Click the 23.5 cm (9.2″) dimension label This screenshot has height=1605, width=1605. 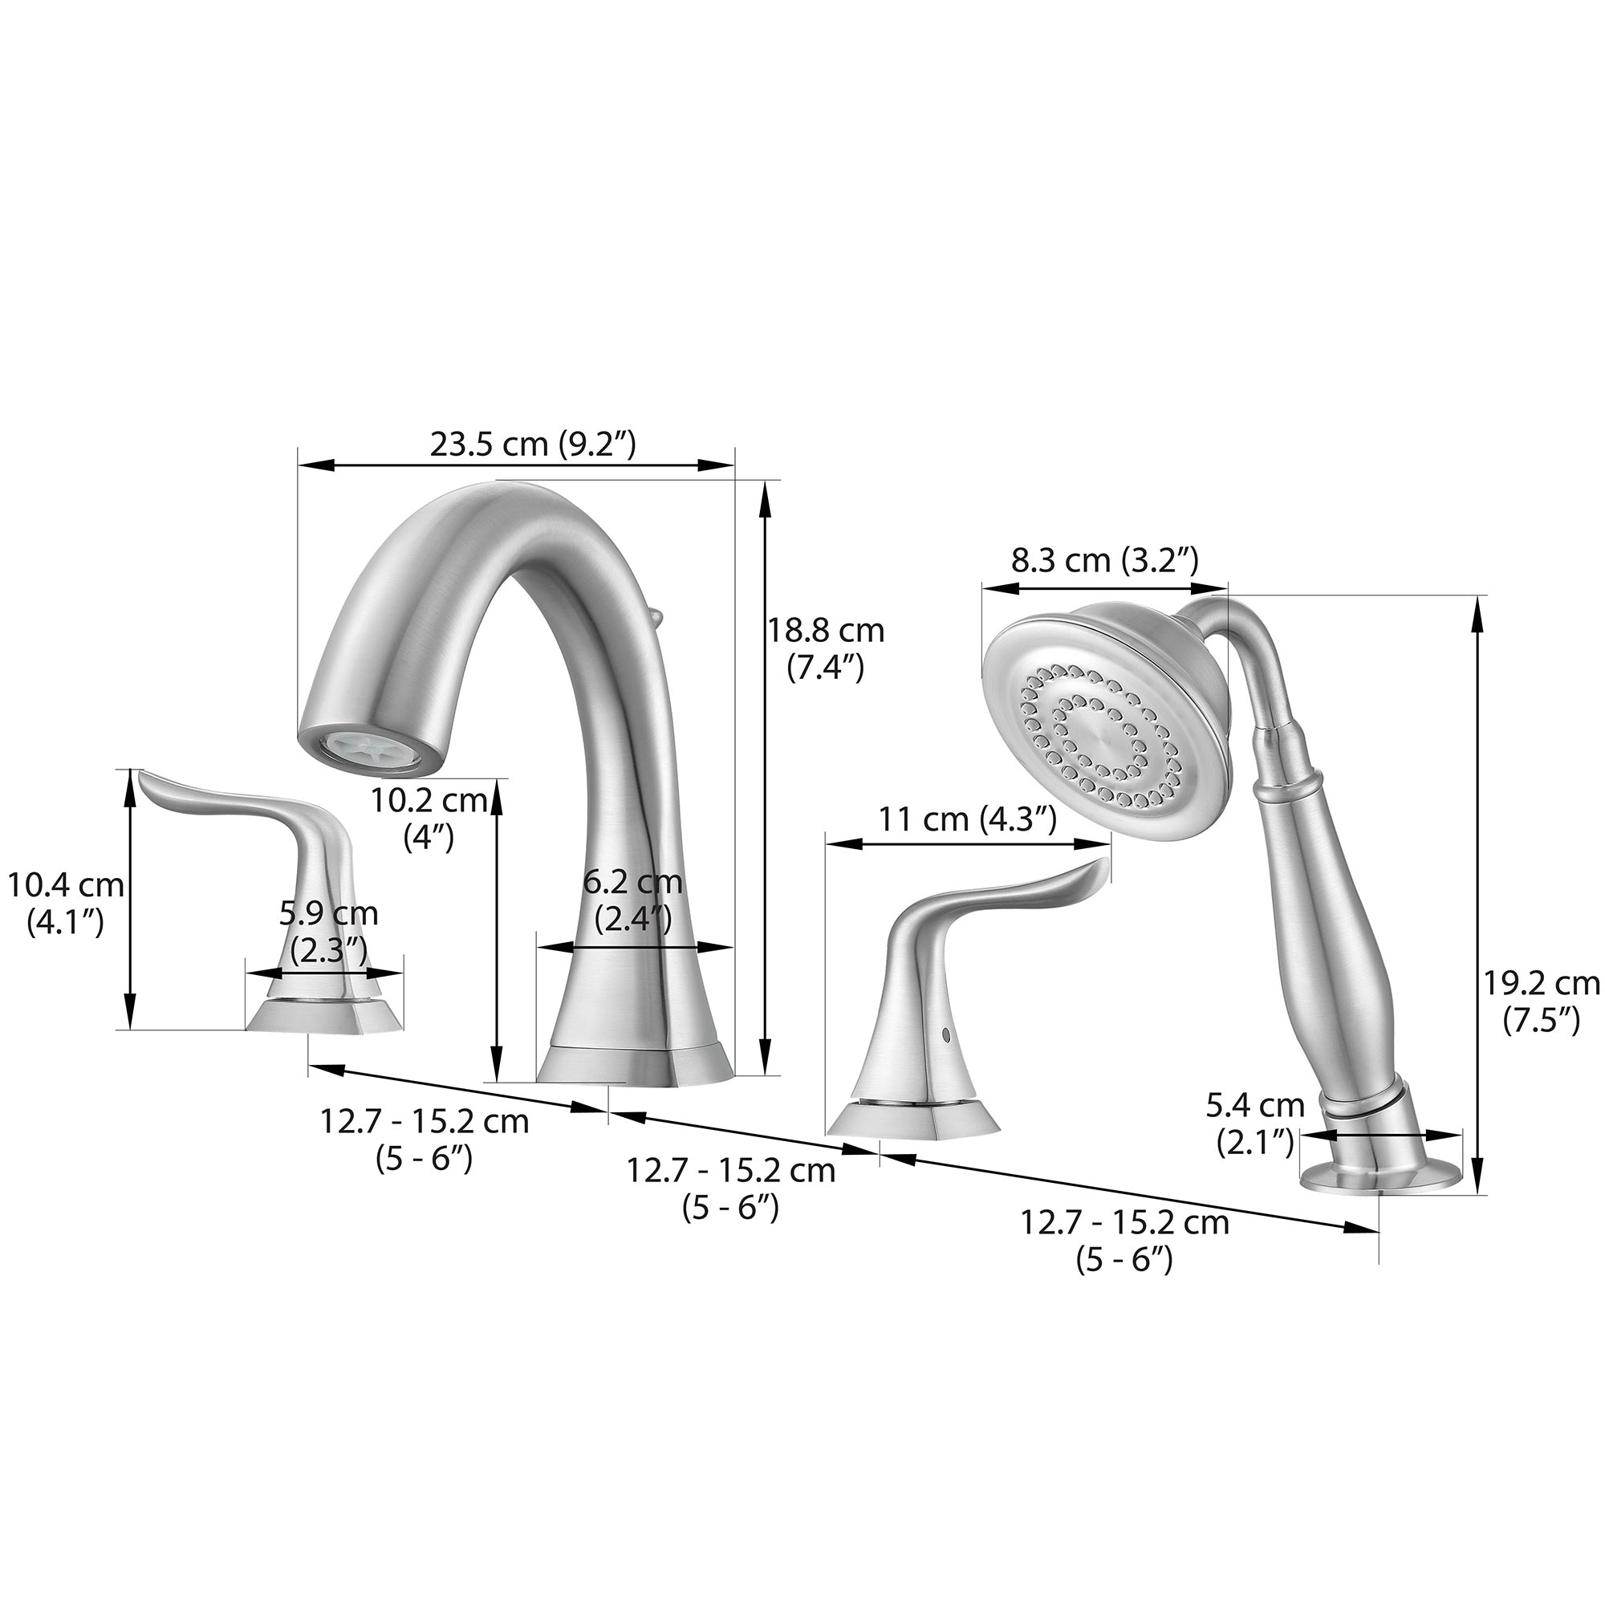[x=533, y=445]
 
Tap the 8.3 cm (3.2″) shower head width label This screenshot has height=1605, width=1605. [x=1104, y=561]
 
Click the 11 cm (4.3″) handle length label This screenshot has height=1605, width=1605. [x=968, y=820]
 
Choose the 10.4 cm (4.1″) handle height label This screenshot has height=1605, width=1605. [x=66, y=903]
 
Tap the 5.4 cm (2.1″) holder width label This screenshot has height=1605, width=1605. [x=1255, y=1124]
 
